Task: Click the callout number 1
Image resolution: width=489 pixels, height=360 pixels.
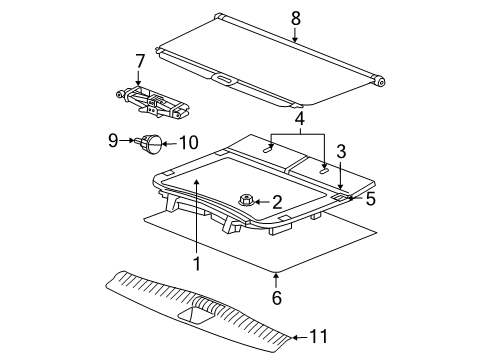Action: [197, 264]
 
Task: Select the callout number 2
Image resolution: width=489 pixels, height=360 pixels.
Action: [276, 202]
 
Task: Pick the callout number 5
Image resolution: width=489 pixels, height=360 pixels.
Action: [371, 198]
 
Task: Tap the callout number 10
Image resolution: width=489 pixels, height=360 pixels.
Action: [186, 143]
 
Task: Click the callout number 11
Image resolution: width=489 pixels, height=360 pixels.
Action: [317, 337]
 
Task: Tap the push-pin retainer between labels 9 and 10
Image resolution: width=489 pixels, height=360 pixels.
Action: [151, 145]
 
